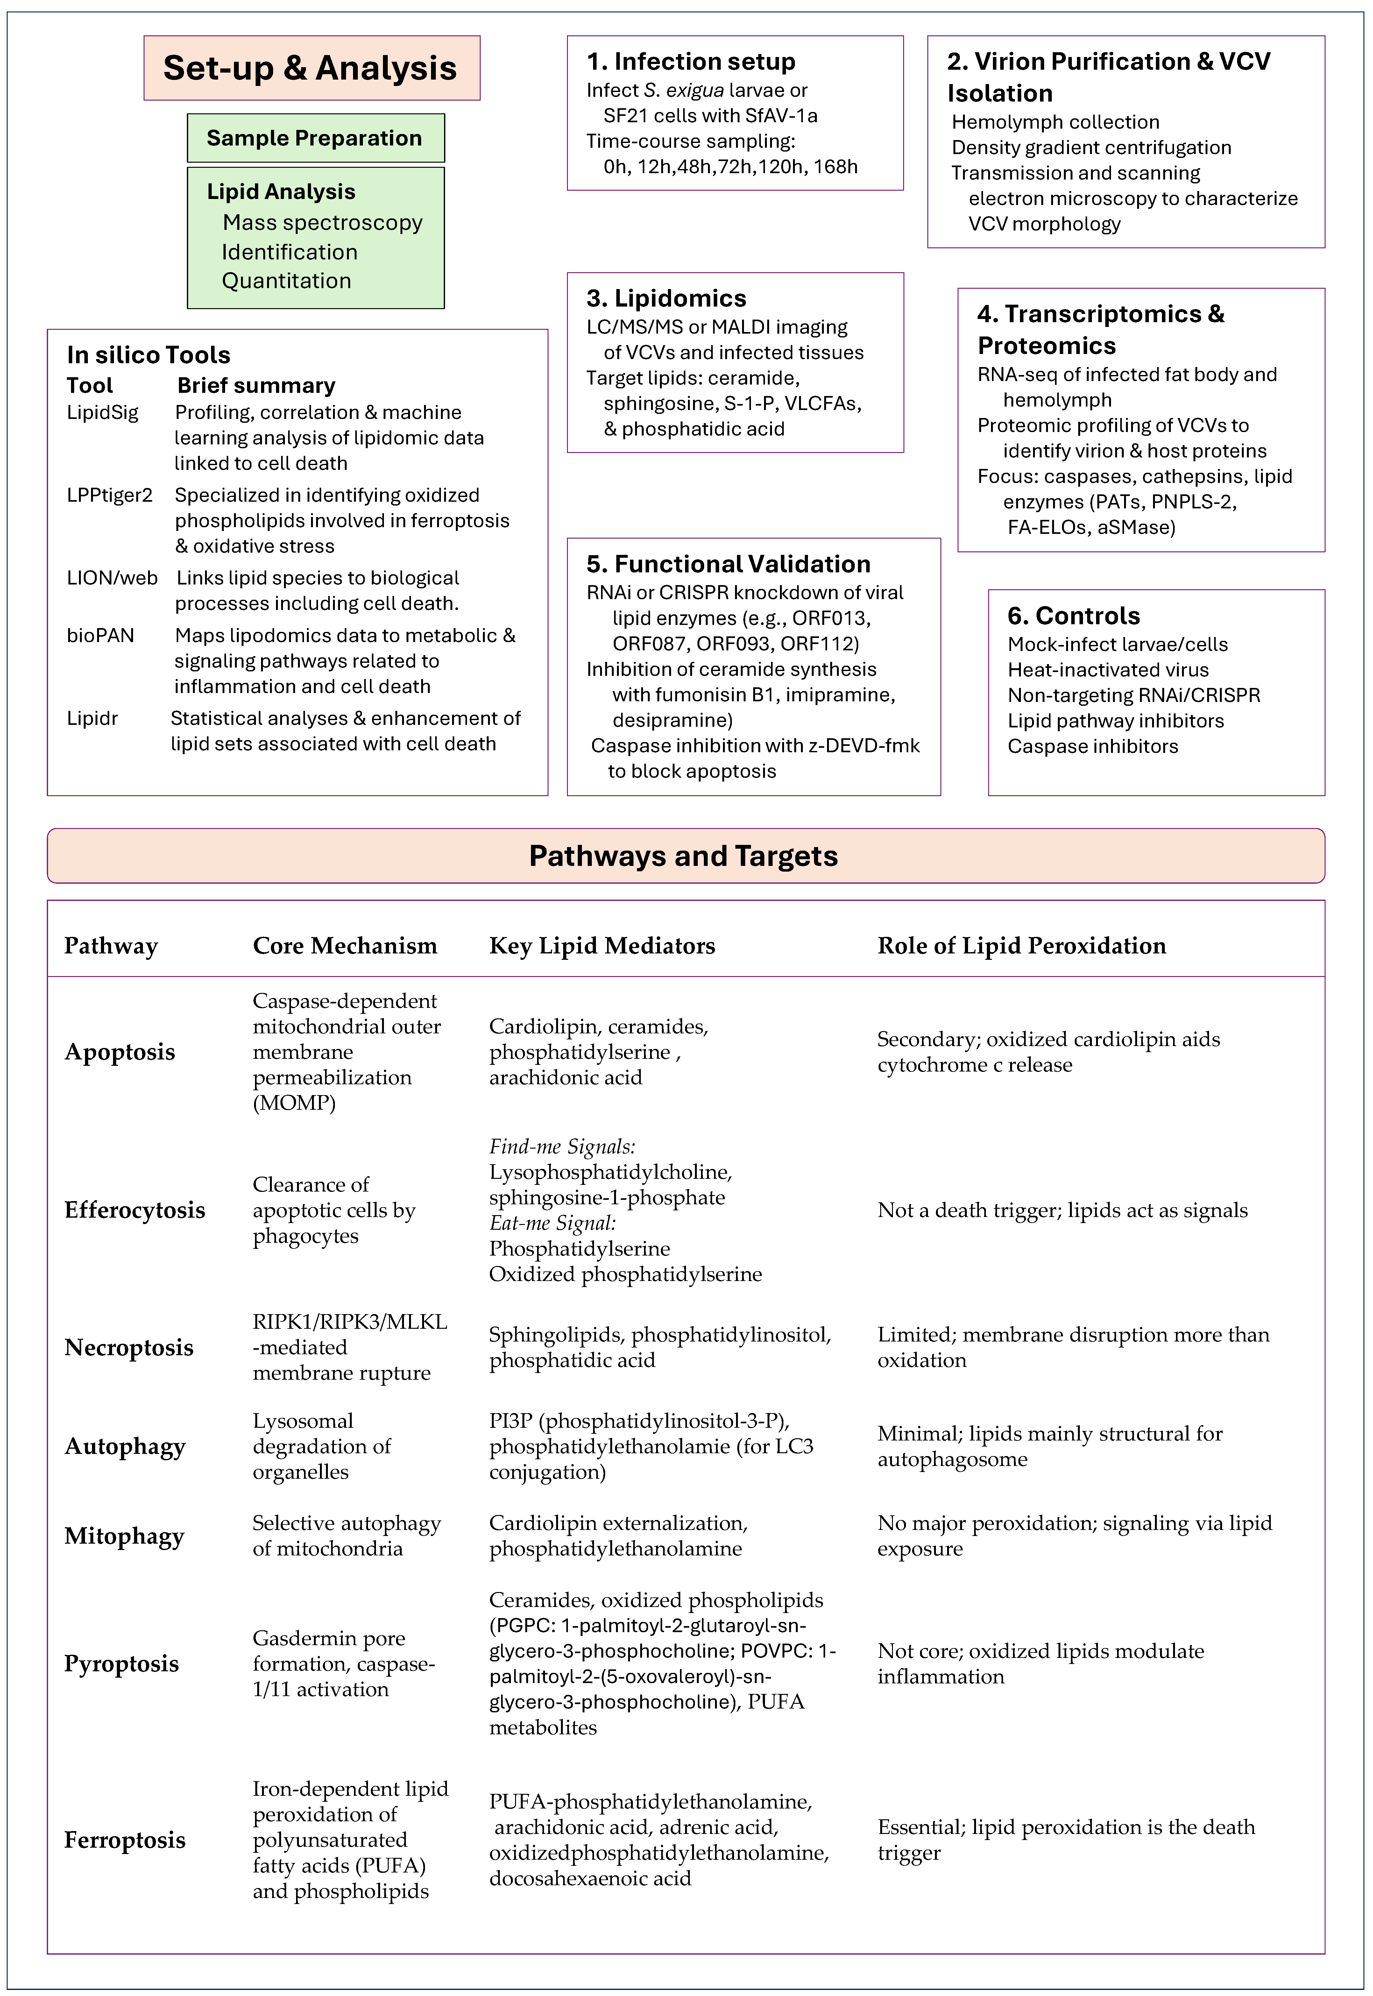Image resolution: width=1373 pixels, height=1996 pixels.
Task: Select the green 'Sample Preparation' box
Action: tap(315, 138)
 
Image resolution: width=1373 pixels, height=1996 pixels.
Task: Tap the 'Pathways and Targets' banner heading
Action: tap(684, 856)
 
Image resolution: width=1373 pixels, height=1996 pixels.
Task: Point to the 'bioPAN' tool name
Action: tap(101, 636)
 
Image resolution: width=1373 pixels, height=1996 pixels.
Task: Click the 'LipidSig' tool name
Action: tap(103, 413)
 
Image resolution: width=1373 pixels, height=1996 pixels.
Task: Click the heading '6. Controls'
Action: tap(1074, 616)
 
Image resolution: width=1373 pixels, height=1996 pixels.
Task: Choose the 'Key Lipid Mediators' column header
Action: tap(602, 946)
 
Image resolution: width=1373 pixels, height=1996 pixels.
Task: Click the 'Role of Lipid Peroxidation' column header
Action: tap(1021, 946)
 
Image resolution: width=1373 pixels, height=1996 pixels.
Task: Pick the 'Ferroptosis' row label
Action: tap(125, 1840)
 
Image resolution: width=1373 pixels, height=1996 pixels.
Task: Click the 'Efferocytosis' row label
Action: tap(135, 1211)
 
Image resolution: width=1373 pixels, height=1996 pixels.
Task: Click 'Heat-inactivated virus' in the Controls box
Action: tap(1108, 670)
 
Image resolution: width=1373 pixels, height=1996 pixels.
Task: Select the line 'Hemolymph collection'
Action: tap(1056, 122)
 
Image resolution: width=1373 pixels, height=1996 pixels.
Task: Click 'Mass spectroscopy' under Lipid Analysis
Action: tap(322, 223)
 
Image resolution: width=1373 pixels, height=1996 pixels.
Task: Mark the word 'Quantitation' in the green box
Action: tap(287, 280)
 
